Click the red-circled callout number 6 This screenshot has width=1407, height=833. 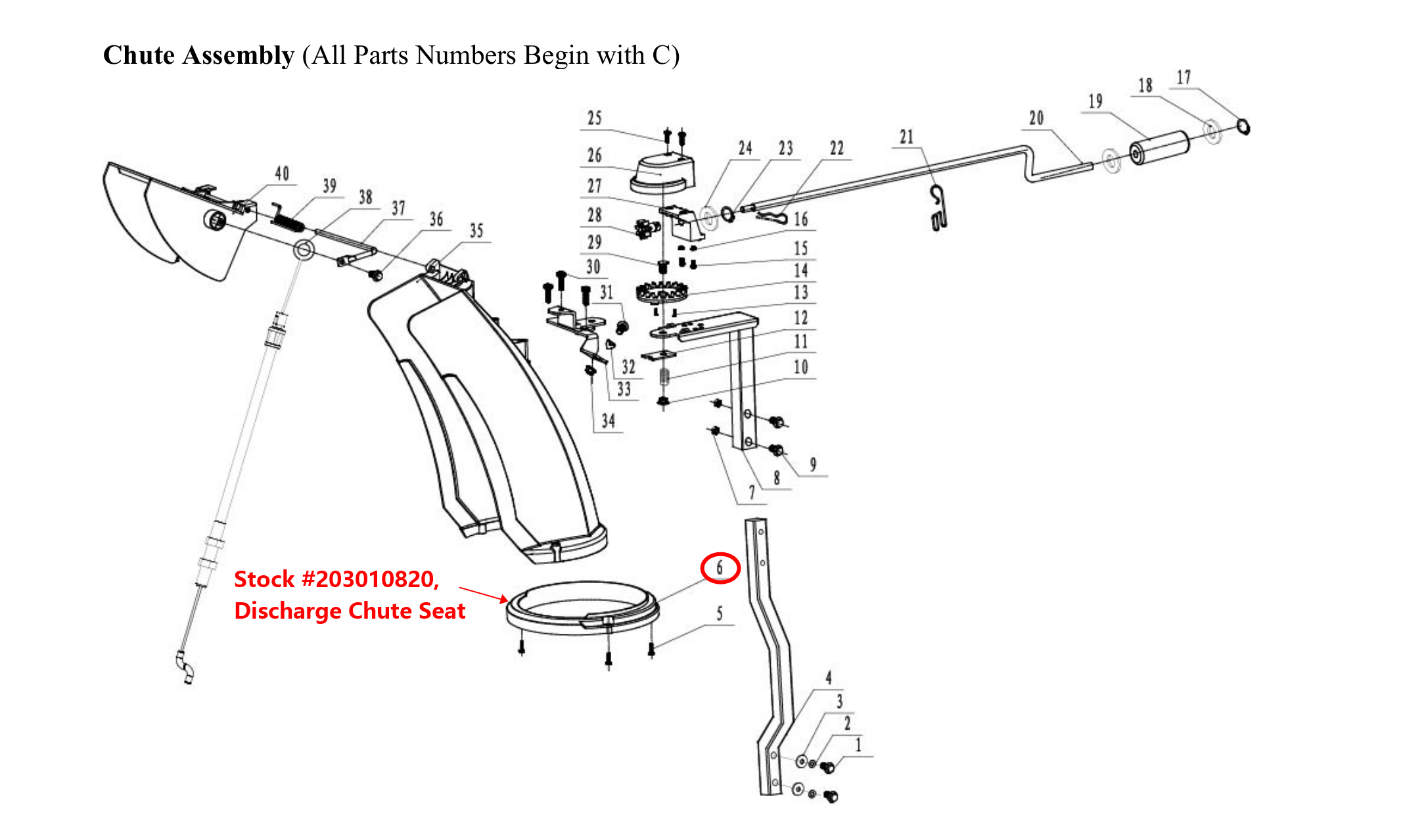point(720,568)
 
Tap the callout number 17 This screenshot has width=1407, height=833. point(1184,78)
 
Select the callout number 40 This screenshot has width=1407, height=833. point(282,174)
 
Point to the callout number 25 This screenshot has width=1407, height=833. point(595,118)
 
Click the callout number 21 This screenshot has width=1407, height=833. point(907,137)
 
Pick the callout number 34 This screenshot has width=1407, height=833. point(609,421)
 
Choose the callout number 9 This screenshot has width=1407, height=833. point(813,465)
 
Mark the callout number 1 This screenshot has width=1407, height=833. point(858,746)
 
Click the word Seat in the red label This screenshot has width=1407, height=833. point(442,611)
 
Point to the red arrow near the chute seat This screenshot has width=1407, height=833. point(483,594)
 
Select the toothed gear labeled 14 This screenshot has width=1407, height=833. point(661,290)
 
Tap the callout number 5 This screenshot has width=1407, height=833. point(720,613)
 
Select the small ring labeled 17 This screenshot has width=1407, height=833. point(1243,126)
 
